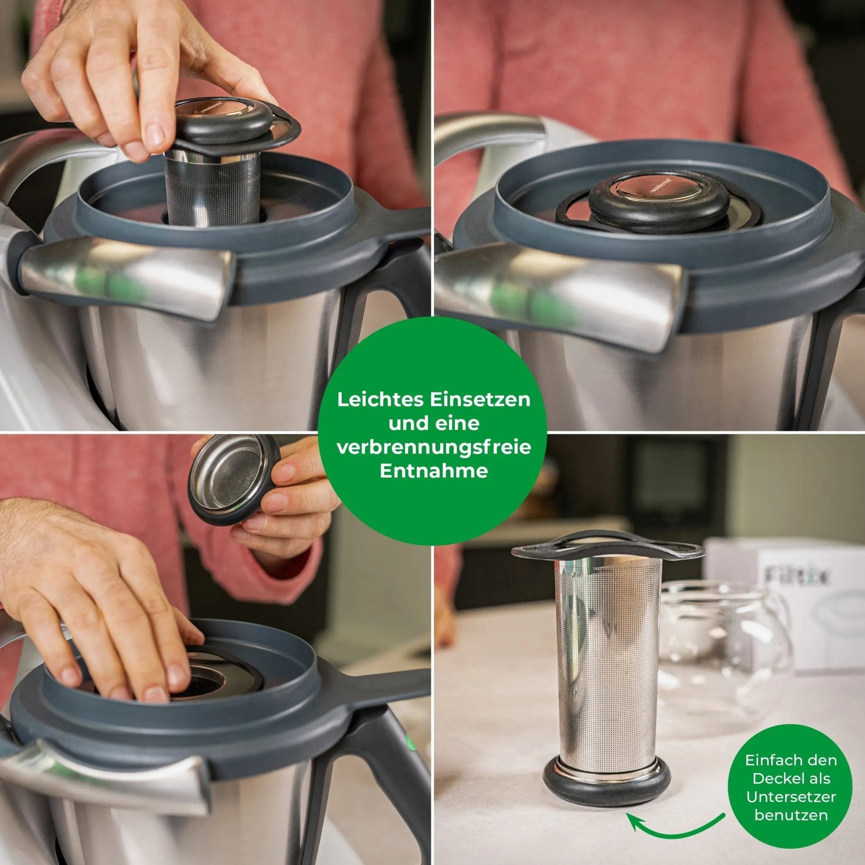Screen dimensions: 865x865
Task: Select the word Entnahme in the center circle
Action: pyautogui.click(x=433, y=471)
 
